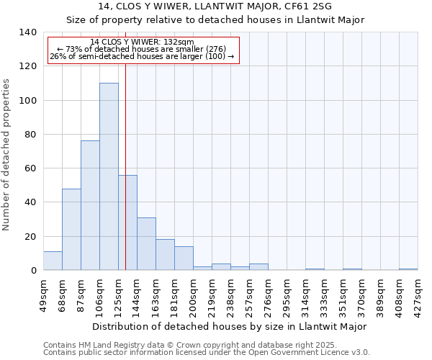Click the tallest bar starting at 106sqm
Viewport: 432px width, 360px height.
[x=109, y=176]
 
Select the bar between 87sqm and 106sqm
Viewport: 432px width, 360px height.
[x=90, y=205]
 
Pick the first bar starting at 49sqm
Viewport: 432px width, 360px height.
[x=53, y=261]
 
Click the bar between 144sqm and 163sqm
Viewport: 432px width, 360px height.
[x=146, y=243]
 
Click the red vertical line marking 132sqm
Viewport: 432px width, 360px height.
[x=125, y=158]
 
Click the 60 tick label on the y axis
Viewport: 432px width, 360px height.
[x=30, y=168]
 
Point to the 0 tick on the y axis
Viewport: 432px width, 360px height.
[x=33, y=271]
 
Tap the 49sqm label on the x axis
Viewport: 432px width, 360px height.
[x=43, y=294]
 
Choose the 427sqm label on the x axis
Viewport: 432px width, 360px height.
[x=418, y=294]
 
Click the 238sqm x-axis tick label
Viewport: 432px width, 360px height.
[x=230, y=294]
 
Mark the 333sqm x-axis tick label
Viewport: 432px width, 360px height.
[x=324, y=294]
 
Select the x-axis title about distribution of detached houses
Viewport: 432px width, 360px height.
[x=230, y=326]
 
